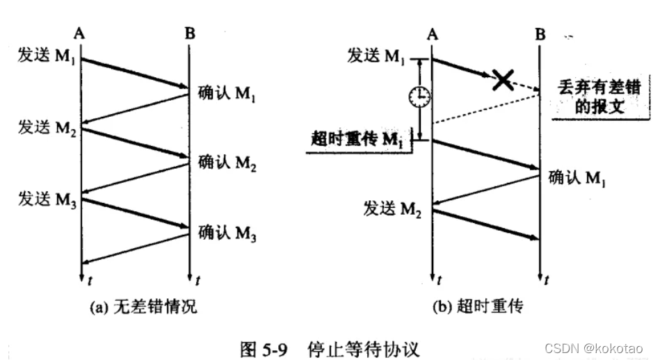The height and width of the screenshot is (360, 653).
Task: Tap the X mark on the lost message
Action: click(503, 80)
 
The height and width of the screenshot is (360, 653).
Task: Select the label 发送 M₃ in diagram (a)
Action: click(47, 200)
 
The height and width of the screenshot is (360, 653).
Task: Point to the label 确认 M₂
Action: click(227, 164)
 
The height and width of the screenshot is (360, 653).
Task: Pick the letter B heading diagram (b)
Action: click(540, 33)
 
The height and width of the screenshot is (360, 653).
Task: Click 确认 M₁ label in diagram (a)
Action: click(227, 92)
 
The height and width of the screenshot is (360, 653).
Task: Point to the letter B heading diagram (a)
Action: click(188, 33)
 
